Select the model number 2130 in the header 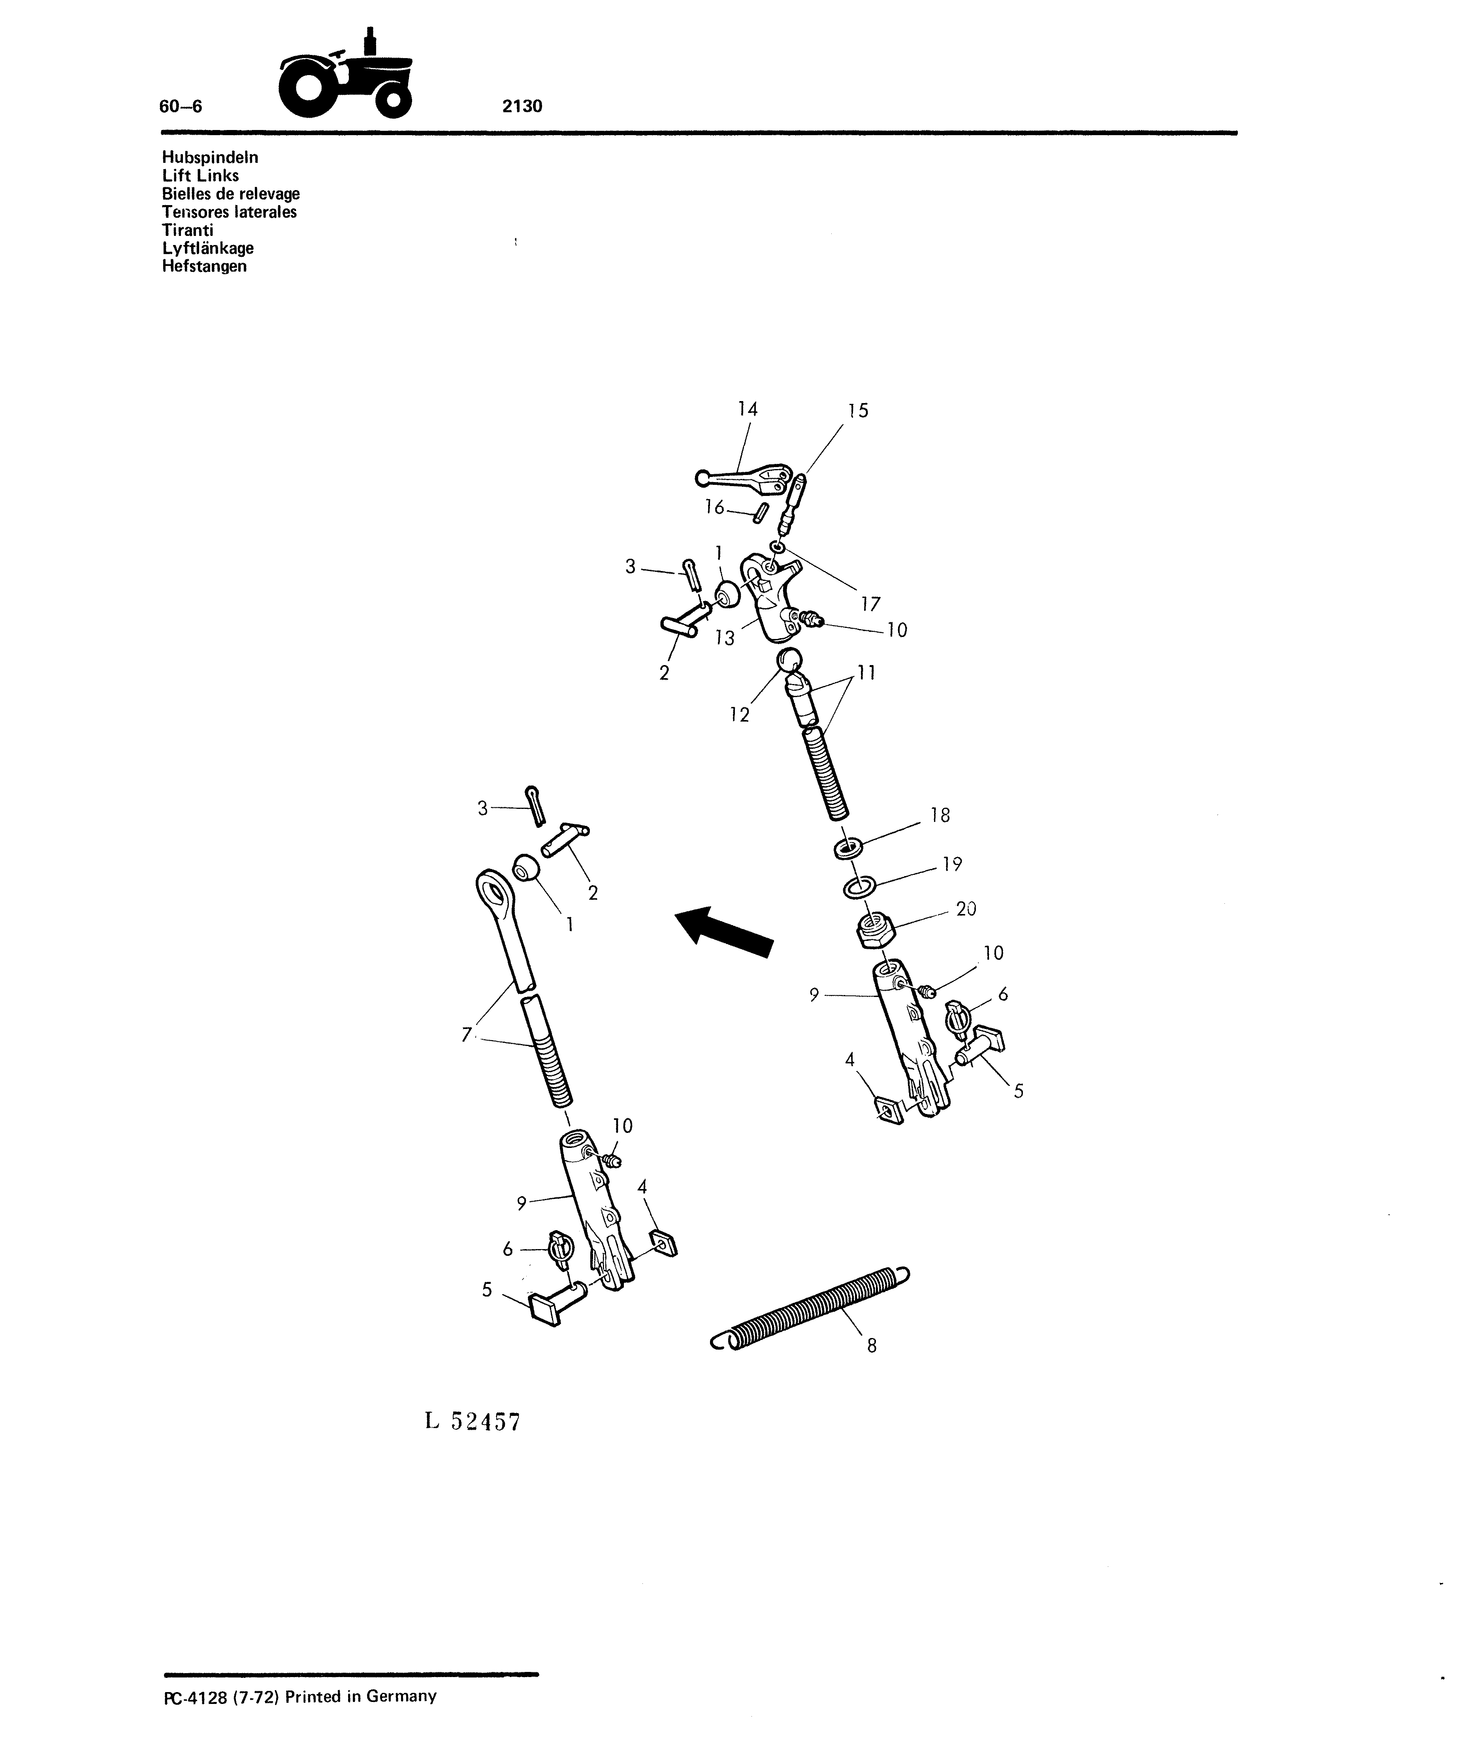[522, 106]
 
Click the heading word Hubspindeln [210, 157]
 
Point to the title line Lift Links [200, 176]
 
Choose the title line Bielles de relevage [230, 194]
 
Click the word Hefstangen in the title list [204, 267]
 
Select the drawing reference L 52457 [473, 1422]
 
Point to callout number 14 [748, 410]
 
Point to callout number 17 [871, 604]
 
